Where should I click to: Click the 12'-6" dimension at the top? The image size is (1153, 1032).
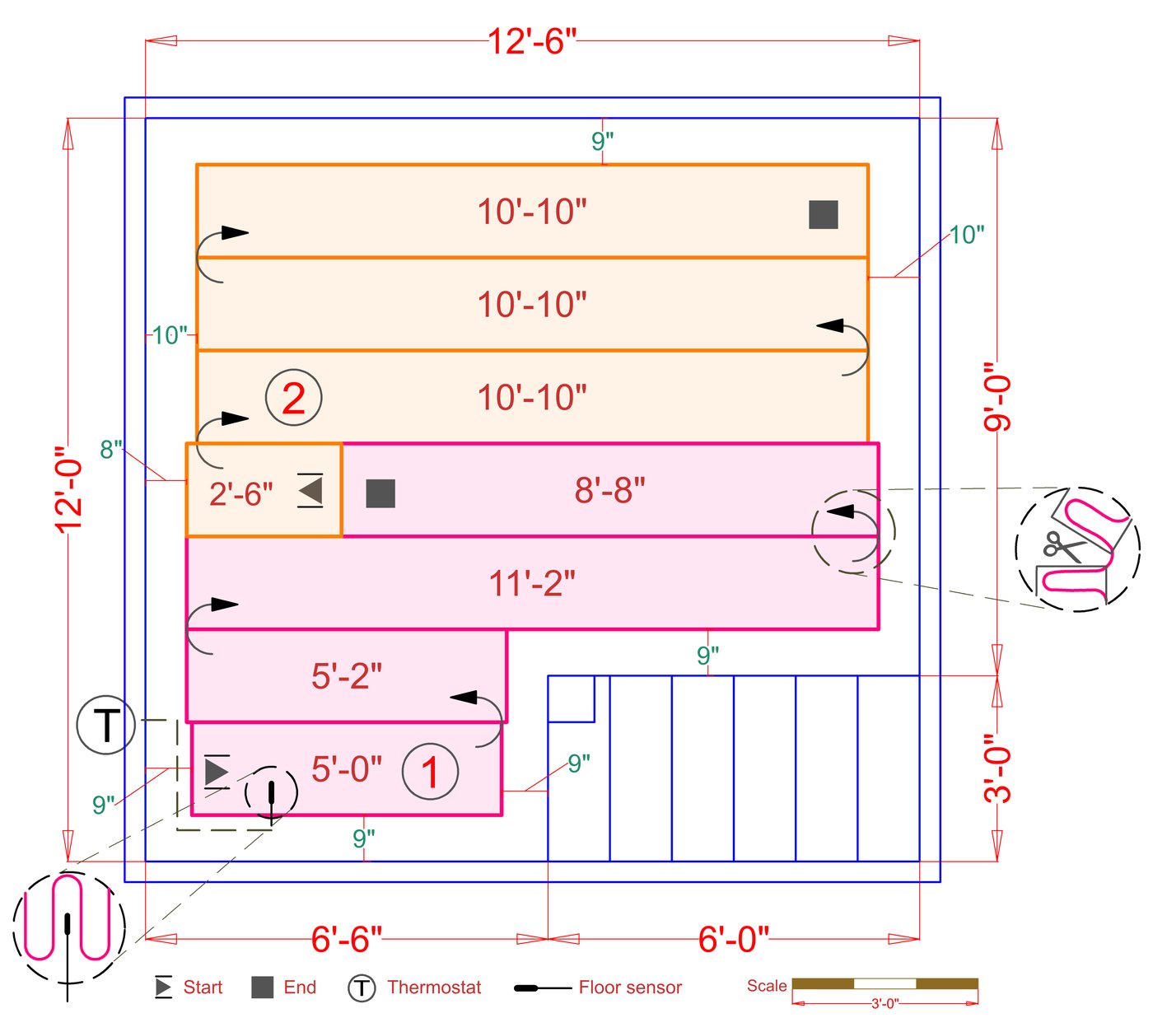coord(532,41)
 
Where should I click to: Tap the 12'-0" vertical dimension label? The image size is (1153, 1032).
coord(69,490)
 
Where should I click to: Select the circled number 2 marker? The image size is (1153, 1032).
coord(294,397)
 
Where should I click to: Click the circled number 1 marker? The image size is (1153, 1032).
coord(430,772)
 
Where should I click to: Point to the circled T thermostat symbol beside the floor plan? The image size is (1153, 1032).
coord(106,725)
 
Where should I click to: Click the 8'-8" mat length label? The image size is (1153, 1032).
coord(610,489)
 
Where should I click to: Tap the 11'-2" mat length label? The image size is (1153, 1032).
coord(532,583)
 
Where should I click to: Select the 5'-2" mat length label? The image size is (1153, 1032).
coord(347,676)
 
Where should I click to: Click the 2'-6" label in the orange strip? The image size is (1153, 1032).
coord(241,494)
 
